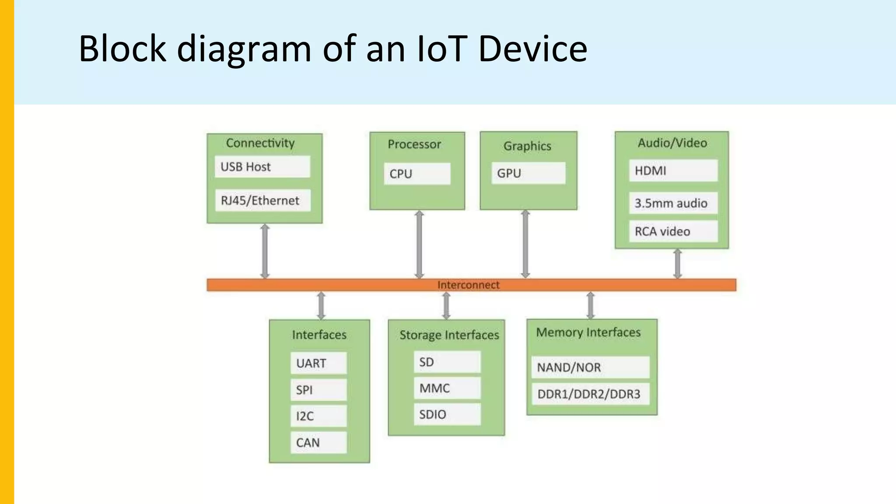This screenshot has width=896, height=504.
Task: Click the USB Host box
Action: coord(262,167)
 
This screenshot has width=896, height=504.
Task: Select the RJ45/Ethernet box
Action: coord(262,200)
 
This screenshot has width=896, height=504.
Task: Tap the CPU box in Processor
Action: coord(417,174)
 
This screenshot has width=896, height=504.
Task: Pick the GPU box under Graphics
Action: coord(528,173)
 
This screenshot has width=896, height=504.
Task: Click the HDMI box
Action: coord(673,171)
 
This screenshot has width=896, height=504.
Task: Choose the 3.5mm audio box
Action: coord(673,203)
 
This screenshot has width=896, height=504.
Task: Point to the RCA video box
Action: coord(673,231)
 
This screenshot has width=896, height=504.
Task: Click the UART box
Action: coord(318,363)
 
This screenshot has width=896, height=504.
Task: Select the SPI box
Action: coord(318,389)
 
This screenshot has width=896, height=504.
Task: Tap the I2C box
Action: coord(318,416)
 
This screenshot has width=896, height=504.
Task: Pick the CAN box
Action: coord(318,442)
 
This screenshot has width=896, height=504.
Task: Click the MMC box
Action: coord(447,388)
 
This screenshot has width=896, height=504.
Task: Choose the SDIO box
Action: coord(447,414)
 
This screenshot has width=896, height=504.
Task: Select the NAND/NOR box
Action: coord(590,367)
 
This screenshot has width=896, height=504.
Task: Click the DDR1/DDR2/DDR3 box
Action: coord(590,394)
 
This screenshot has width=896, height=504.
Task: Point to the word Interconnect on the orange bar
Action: coord(468,285)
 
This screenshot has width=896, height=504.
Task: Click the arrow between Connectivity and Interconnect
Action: coord(265,251)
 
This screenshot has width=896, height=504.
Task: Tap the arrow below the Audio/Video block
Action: coord(677,264)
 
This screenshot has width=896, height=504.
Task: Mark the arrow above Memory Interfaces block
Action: coord(590,305)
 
